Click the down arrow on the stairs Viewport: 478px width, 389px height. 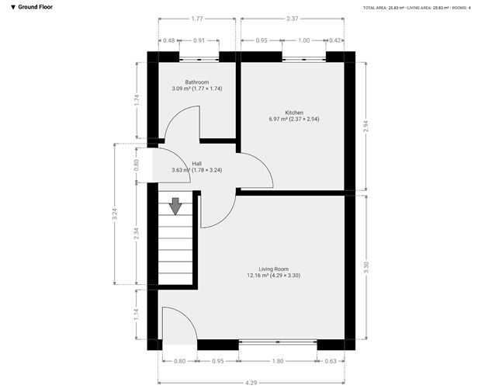(x=175, y=206)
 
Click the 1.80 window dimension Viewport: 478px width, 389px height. (x=278, y=360)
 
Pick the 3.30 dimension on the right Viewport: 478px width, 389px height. (x=366, y=267)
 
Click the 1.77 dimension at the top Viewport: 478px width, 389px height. (x=197, y=19)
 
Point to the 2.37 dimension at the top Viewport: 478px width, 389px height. (x=291, y=19)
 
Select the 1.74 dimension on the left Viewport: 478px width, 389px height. (x=137, y=99)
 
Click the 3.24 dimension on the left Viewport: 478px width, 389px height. (x=116, y=213)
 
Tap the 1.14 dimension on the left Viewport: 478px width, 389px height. (x=137, y=315)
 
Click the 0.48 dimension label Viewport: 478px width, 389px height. (x=169, y=40)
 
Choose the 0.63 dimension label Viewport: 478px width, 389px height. (x=331, y=360)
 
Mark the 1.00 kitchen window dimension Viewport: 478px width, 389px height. (x=304, y=40)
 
